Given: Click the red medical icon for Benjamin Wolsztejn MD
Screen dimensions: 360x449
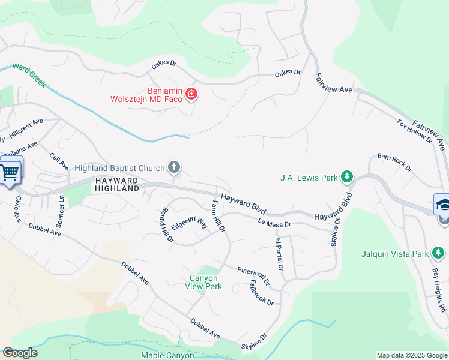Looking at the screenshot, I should click(191, 94).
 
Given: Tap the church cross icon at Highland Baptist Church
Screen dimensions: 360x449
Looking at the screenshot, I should click(174, 167).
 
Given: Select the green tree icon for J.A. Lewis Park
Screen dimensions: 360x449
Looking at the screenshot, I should click(346, 176).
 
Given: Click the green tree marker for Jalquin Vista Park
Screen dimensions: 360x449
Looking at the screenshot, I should click(438, 254).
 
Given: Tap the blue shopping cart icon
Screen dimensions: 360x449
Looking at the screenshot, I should click(10, 172).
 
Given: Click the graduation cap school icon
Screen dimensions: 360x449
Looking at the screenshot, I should click(443, 204).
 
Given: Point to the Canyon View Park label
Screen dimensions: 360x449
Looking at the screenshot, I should click(206, 282).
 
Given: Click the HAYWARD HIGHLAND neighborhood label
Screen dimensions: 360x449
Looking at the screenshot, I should click(116, 184).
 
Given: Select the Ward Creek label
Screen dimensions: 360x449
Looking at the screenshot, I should click(29, 76).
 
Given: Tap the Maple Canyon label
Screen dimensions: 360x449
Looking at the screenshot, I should click(168, 355).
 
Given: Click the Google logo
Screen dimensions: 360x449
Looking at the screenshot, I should click(20, 353).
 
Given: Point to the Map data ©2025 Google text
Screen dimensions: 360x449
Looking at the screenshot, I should click(411, 355).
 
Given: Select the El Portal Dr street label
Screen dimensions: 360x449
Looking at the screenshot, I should click(279, 254).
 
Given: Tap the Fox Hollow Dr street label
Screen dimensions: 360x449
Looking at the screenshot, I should click(415, 130).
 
